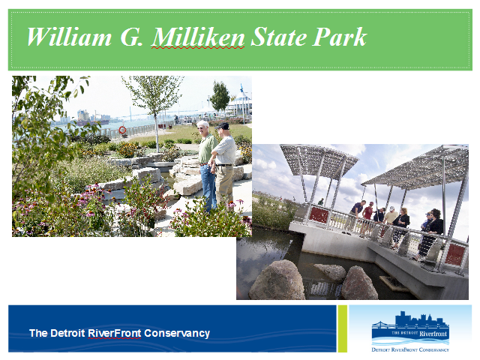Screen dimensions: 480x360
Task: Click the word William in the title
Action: [69, 37]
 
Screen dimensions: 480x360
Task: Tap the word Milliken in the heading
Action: [198, 37]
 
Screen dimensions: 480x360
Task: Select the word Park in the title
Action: [340, 37]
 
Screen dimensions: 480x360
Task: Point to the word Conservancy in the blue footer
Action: [177, 333]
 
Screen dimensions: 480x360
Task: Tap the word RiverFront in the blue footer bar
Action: [115, 333]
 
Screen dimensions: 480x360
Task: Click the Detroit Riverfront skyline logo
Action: [410, 331]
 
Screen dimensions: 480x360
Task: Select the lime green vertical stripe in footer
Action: [342, 328]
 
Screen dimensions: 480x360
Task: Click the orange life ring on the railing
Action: [122, 130]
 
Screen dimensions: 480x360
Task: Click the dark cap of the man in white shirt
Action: [223, 126]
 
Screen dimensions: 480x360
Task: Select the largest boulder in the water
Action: [277, 280]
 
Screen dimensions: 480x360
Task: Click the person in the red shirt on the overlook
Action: [367, 214]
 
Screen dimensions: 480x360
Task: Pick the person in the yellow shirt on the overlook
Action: [391, 216]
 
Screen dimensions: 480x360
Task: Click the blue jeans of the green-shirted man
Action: [208, 187]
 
